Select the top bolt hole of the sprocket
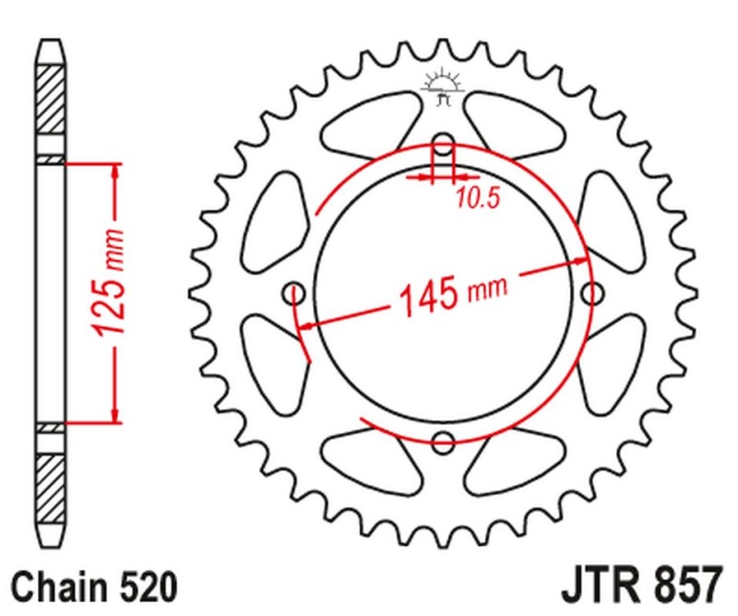444,146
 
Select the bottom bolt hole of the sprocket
444,440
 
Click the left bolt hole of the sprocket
296,294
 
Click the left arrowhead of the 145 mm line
310,325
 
